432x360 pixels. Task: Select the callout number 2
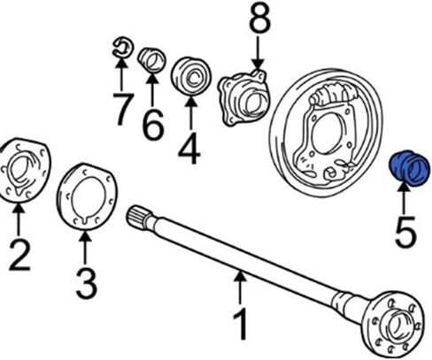19,255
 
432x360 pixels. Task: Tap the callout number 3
86,283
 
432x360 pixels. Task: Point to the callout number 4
189,149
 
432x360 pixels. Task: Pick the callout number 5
405,231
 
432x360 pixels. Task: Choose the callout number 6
152,124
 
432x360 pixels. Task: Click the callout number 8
259,19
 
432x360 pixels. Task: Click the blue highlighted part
409,169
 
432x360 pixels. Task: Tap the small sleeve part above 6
152,60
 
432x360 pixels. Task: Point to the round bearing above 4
191,77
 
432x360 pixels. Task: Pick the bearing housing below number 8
244,97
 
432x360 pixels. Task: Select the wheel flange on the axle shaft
394,325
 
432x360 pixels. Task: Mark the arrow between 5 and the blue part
405,196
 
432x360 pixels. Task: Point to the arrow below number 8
258,53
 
